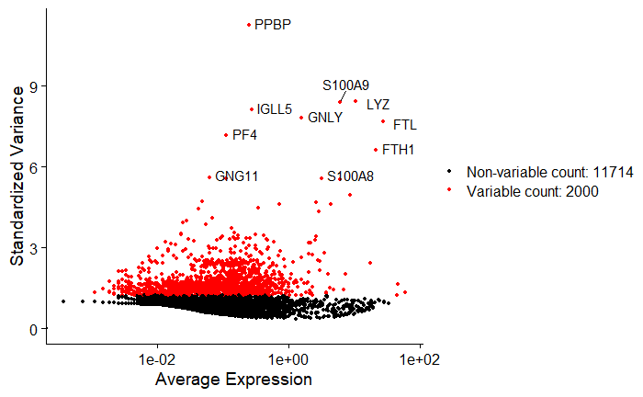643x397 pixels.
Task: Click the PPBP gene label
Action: click(x=273, y=25)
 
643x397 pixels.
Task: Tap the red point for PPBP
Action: click(x=249, y=25)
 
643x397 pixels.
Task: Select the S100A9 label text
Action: click(x=345, y=85)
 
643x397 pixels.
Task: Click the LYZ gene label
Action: click(x=378, y=105)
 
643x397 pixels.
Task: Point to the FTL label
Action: click(x=405, y=124)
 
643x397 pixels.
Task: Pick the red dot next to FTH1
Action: click(x=376, y=150)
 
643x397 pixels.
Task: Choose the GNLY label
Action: click(x=325, y=118)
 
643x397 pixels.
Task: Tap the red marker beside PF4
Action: click(x=226, y=135)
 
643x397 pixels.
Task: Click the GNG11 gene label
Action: click(x=237, y=176)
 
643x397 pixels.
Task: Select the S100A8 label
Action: click(x=351, y=176)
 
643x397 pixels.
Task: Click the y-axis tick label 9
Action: click(x=32, y=86)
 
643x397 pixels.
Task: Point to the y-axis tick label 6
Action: click(x=32, y=167)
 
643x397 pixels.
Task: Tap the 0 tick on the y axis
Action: click(x=32, y=329)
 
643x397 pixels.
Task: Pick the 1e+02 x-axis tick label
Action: click(x=421, y=357)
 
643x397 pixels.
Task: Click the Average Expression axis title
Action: click(x=233, y=379)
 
